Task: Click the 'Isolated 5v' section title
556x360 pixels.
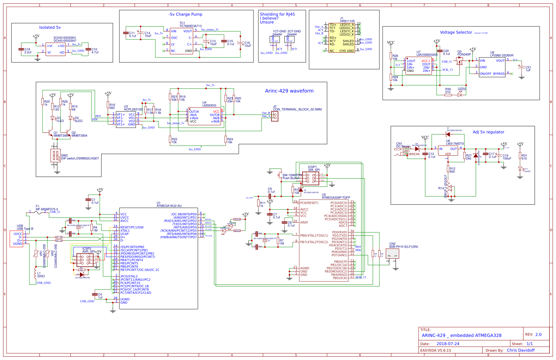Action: tap(50, 27)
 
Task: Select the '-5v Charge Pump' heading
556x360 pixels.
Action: tap(185, 14)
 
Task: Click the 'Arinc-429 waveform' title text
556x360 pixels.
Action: tap(289, 91)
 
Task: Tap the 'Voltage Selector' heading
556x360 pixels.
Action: tap(456, 32)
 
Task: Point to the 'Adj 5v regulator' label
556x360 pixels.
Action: tap(488, 132)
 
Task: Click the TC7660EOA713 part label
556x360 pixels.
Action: tap(190, 26)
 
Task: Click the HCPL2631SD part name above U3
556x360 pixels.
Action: tap(133, 110)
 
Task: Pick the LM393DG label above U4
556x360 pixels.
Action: tap(209, 106)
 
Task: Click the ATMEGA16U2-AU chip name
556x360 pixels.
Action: tap(169, 206)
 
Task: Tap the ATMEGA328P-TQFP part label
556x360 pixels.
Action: tap(336, 198)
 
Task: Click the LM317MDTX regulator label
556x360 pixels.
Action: tap(455, 144)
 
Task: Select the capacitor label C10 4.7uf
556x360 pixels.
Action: tap(95, 51)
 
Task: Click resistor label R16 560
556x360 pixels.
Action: tap(112, 106)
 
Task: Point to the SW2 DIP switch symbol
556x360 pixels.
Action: tap(56, 155)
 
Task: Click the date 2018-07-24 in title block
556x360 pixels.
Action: tap(448, 344)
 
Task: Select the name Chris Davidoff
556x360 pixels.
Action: tap(520, 350)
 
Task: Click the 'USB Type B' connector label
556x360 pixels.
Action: tap(25, 229)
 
